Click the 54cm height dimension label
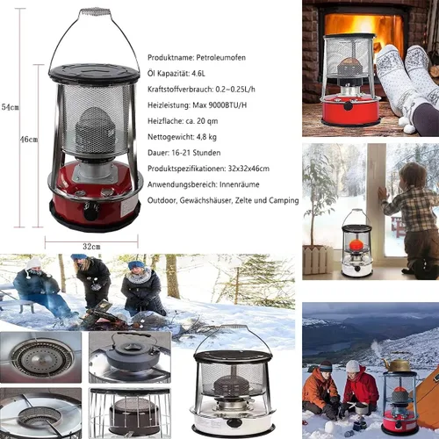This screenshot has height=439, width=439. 10,107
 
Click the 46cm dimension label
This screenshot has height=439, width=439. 29,140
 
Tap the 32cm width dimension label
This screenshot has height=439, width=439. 91,247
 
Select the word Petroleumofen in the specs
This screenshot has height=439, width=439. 221,57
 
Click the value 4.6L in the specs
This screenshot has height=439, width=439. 198,73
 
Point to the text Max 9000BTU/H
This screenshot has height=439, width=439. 219,105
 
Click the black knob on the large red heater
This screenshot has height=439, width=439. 90,212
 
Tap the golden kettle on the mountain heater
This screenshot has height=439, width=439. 397,365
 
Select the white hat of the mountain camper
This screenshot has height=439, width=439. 353,366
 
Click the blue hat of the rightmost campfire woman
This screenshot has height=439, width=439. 136,265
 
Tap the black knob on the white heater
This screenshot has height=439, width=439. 234,422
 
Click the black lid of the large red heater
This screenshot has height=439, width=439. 94,73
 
